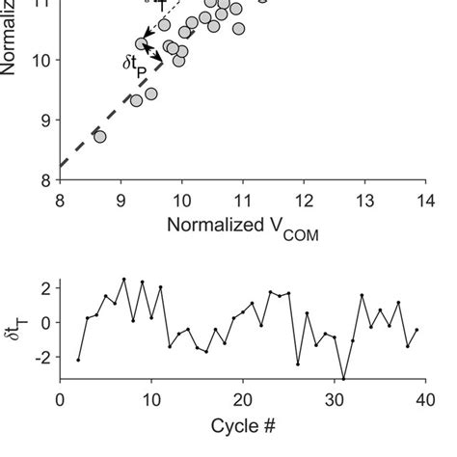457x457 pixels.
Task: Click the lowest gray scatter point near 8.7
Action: pyautogui.click(x=99, y=137)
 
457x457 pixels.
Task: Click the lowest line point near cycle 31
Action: pyautogui.click(x=342, y=379)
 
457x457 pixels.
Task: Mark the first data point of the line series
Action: pyautogui.click(x=78, y=360)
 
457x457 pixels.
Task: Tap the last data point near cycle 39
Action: pyautogui.click(x=416, y=330)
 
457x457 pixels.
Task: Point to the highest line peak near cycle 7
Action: pyautogui.click(x=123, y=280)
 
